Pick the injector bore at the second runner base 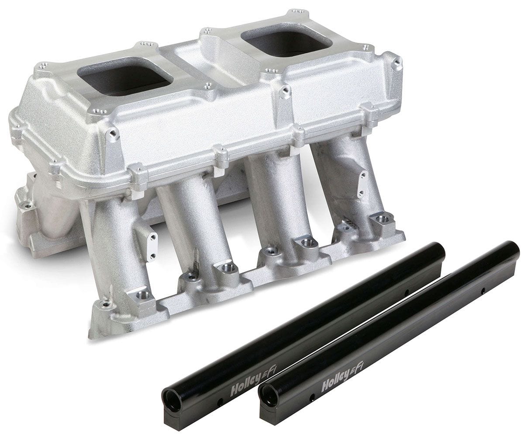point(227,267)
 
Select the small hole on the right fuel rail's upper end point(483,290)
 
